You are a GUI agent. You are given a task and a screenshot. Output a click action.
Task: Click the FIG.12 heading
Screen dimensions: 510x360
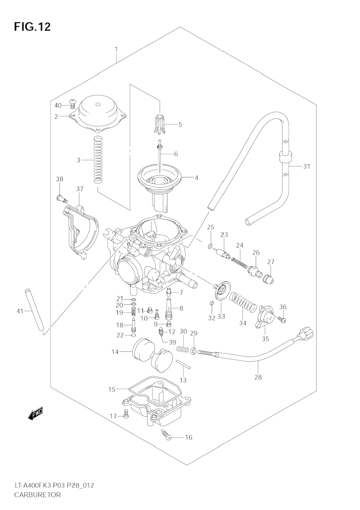(x=32, y=27)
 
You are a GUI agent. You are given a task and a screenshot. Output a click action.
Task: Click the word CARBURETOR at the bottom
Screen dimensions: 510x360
(x=37, y=495)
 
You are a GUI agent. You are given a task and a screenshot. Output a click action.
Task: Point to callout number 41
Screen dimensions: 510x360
(x=20, y=311)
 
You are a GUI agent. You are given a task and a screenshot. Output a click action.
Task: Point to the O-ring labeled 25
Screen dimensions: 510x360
(x=210, y=246)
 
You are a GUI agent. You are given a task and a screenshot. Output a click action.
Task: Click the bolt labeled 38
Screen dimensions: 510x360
(x=61, y=199)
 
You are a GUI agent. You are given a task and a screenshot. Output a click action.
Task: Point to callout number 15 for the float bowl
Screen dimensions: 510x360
(x=112, y=389)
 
